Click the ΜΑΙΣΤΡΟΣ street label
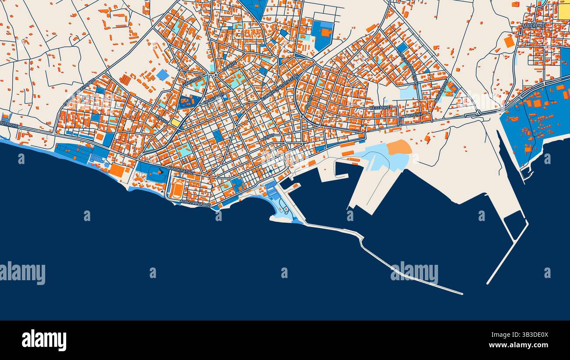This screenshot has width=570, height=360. click(x=534, y=26)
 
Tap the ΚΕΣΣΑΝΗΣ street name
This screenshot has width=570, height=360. click(x=380, y=107)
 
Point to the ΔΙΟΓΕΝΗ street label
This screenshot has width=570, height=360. click(x=413, y=115)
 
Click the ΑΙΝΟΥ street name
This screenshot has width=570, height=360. click(x=268, y=137)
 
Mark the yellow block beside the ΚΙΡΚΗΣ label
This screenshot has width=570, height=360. click(x=175, y=123)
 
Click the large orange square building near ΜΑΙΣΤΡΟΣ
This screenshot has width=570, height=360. click(x=509, y=42)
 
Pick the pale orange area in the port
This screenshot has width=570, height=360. click(x=399, y=147)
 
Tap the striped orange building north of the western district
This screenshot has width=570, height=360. click(x=125, y=79)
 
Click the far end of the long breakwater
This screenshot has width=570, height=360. click(x=461, y=293)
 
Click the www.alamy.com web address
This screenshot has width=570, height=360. click(x=522, y=345)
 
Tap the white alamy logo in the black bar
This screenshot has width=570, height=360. click(x=44, y=340)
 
